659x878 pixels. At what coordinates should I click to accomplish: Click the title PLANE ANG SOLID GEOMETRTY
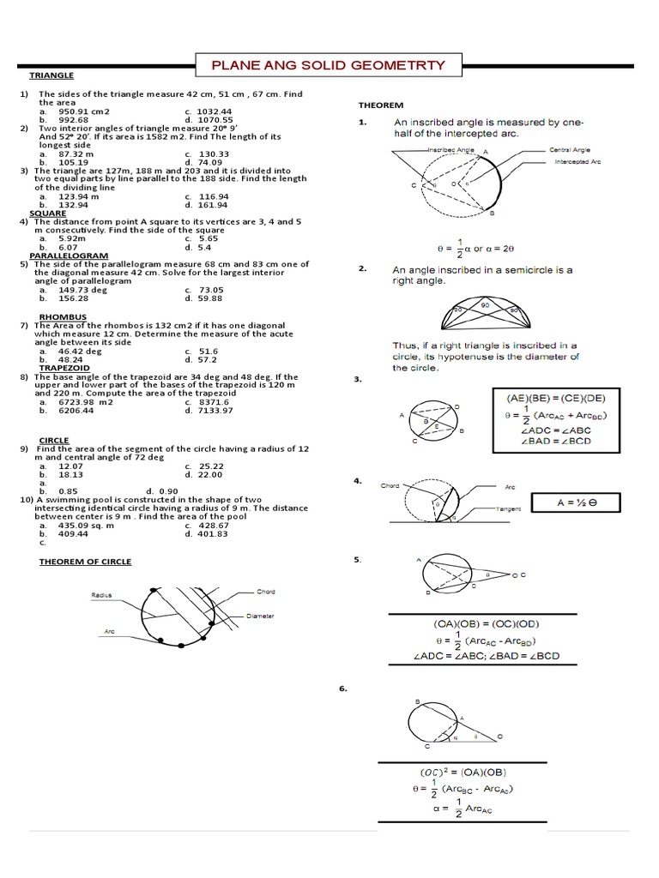[x=329, y=65]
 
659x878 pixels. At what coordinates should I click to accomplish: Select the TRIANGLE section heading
[x=52, y=75]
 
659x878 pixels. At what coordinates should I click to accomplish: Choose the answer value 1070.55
[x=215, y=120]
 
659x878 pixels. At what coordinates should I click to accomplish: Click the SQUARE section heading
[x=48, y=213]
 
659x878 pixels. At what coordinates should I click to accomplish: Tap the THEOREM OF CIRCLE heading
[x=85, y=562]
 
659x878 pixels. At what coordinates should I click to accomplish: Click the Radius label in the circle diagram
[x=102, y=593]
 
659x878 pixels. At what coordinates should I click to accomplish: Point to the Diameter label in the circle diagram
[x=260, y=616]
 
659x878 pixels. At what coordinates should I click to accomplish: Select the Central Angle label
[x=571, y=150]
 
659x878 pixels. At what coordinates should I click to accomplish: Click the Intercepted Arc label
[x=577, y=161]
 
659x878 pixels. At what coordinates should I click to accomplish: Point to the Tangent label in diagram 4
[x=509, y=508]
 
